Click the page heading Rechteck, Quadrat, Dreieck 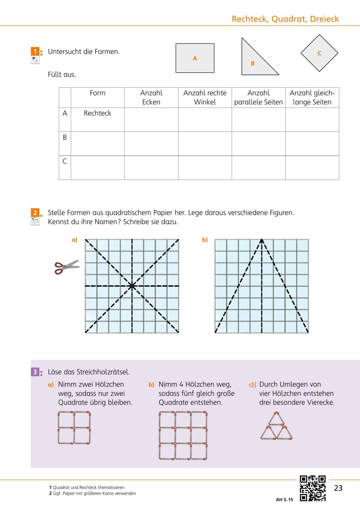point(285,19)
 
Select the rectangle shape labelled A point(195,58)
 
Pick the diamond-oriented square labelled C point(319,53)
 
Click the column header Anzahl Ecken point(151,97)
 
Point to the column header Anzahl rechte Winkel point(205,97)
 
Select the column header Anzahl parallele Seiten point(258,97)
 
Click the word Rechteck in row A point(97,113)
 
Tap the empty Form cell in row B point(97,144)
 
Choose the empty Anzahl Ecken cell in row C point(151,167)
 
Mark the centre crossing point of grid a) point(132,286)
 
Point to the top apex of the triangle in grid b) point(261,239)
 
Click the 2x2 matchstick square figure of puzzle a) point(75,428)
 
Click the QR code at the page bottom point(313,488)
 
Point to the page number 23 point(338,488)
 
